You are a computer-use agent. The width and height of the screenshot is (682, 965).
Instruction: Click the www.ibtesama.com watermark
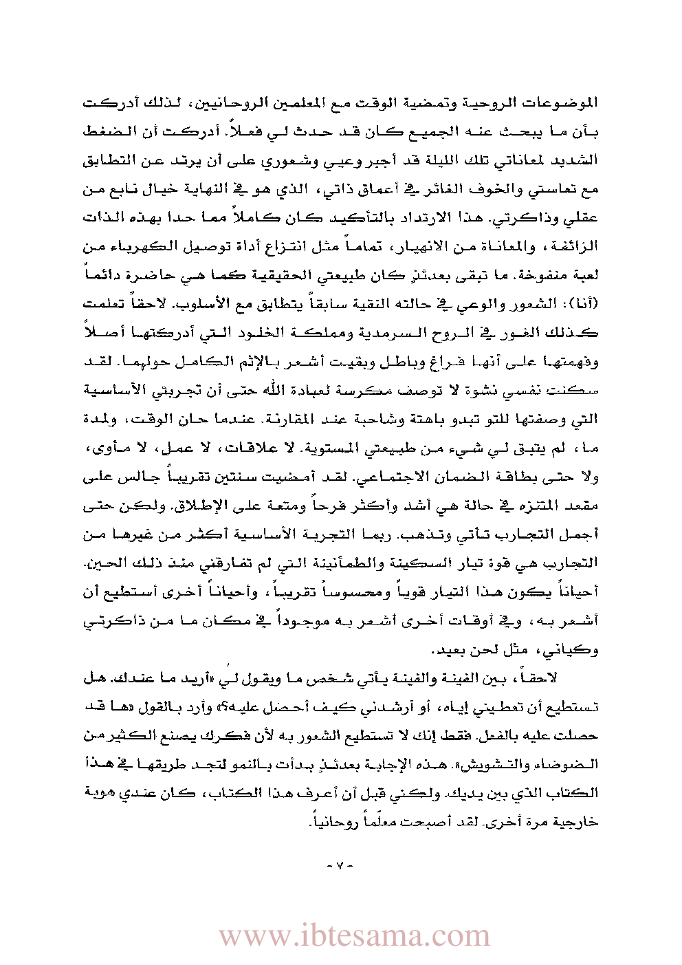coord(355,936)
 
